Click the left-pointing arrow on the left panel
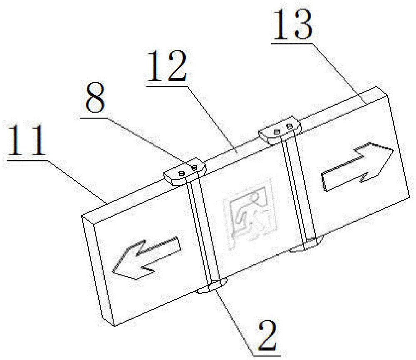tap(146, 258)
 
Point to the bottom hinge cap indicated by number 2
tap(212, 287)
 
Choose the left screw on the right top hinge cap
tap(277, 132)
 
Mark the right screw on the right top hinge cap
tap(290, 126)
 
